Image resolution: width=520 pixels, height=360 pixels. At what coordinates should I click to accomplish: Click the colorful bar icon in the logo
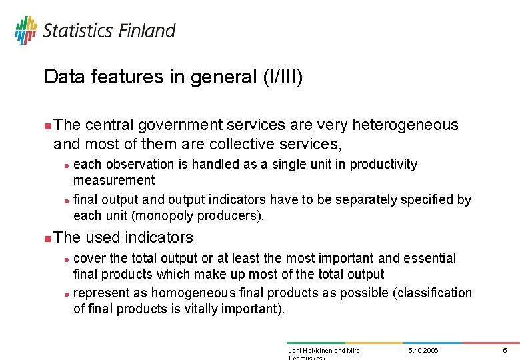coord(25,30)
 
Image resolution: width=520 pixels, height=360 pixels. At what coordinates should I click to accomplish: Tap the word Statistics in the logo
coord(78,31)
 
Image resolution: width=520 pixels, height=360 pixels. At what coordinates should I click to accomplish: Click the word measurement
coord(114,180)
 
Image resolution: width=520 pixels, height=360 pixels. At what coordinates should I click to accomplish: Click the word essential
coord(433,258)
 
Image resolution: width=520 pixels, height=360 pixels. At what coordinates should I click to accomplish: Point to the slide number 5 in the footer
coord(505,350)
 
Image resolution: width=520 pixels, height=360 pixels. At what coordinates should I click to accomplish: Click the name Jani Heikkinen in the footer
coord(309,350)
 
